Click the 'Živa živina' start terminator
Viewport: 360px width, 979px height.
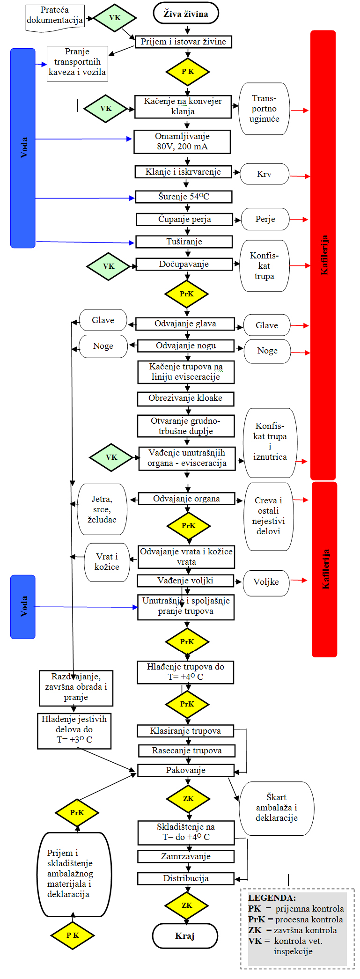click(186, 13)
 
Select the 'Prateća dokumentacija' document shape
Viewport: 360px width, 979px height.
click(55, 16)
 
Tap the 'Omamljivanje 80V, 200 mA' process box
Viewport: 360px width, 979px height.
click(182, 141)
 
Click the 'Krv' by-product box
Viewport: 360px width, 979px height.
click(264, 174)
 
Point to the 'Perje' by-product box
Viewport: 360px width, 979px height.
click(265, 219)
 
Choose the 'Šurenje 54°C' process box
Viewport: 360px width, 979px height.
click(184, 197)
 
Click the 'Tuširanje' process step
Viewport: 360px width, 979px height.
click(184, 242)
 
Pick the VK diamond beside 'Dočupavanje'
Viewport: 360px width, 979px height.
click(108, 266)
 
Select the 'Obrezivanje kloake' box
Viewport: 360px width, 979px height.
click(185, 398)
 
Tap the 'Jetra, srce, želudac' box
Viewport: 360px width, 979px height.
click(102, 509)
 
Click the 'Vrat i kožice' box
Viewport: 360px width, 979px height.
click(107, 562)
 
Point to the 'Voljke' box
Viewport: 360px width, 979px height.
click(266, 582)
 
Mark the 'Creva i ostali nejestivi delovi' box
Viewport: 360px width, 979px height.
click(268, 516)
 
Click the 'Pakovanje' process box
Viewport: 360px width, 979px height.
click(185, 770)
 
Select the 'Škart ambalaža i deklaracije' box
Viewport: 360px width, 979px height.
click(276, 808)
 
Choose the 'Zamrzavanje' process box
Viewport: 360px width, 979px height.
click(185, 856)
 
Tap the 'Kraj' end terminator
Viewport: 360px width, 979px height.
click(185, 936)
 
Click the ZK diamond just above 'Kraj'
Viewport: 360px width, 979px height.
click(187, 905)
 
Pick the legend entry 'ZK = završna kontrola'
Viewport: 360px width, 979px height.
click(292, 930)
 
